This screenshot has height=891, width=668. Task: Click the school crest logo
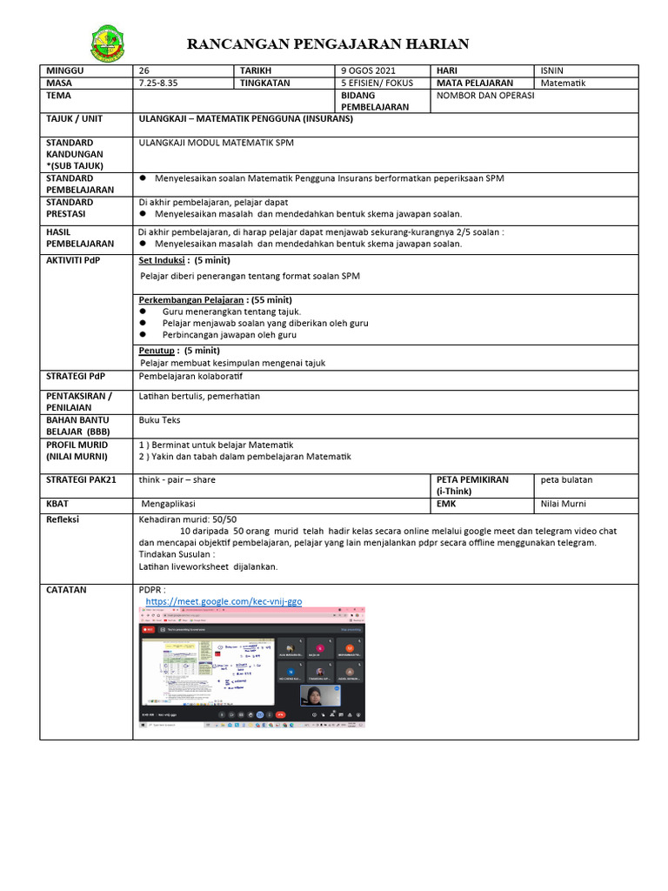[108, 44]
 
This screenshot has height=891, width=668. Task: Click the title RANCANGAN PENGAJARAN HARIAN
[329, 44]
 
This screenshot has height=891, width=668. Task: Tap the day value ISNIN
[551, 70]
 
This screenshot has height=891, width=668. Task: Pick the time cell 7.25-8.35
[157, 84]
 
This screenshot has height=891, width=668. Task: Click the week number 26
[144, 70]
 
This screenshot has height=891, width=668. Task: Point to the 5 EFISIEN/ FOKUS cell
[377, 84]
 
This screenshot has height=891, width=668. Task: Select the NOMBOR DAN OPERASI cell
[485, 96]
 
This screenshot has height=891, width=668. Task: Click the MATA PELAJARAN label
[475, 84]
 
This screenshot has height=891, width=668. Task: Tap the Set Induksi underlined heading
[164, 260]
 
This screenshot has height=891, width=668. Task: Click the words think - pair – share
[177, 479]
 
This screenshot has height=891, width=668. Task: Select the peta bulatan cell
[566, 479]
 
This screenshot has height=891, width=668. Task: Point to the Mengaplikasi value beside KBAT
[169, 503]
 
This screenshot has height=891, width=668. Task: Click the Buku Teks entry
[159, 419]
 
